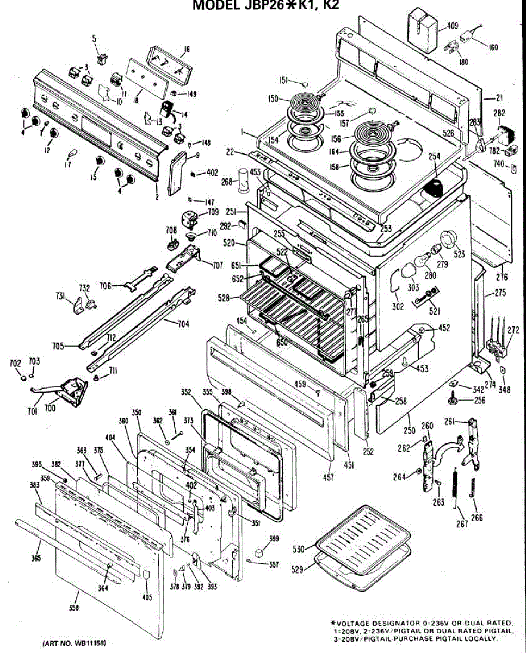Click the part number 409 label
[452, 26]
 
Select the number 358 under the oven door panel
[73, 608]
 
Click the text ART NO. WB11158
[78, 643]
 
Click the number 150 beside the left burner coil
[273, 98]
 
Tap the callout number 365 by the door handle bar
[35, 559]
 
